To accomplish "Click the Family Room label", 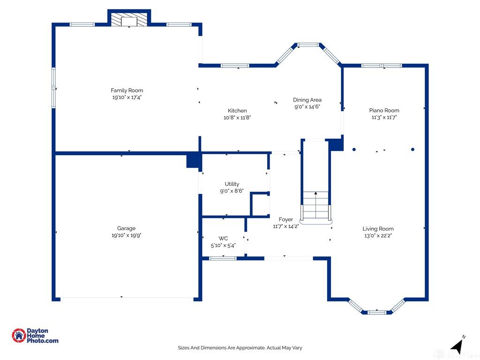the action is point(127,90).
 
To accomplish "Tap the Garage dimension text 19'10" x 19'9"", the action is point(127,235).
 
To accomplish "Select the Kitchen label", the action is point(237,111).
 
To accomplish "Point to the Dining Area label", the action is point(307,100).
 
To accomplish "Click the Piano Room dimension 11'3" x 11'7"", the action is point(384,117).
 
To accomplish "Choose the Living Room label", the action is point(378,229).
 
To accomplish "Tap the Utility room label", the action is point(232,184).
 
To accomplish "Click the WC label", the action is point(223,239).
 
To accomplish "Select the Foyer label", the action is point(286,219).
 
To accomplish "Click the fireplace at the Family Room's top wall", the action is point(129,19).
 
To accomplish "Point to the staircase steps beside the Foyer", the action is point(315,206).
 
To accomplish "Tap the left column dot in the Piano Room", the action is point(354,150).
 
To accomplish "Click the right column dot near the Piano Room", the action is point(412,150).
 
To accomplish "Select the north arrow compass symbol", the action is point(457,346).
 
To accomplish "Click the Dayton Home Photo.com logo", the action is point(35,336).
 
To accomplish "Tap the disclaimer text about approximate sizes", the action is point(240,348).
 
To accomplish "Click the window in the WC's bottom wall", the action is point(223,258).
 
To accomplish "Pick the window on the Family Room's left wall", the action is point(53,88).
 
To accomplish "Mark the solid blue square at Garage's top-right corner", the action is point(194,161).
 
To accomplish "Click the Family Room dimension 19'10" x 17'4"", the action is point(127,97).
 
